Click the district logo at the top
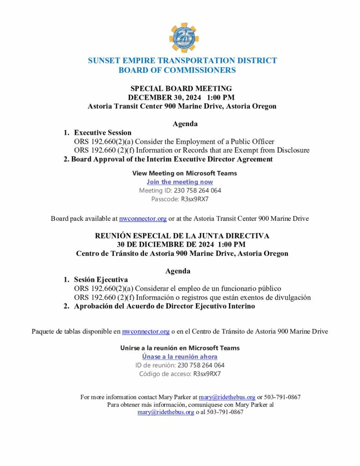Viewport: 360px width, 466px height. [184, 38]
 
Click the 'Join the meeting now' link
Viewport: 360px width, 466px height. [180, 182]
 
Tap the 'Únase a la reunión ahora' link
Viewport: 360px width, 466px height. [180, 357]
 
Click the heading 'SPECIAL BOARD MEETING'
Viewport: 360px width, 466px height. [181, 88]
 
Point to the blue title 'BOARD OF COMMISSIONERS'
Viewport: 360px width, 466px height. [177, 70]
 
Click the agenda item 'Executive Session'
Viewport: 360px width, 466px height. [103, 132]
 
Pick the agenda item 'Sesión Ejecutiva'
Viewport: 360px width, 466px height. [101, 279]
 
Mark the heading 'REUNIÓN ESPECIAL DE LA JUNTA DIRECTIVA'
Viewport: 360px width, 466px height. [182, 236]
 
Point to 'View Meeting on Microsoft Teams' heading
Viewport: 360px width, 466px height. [184, 173]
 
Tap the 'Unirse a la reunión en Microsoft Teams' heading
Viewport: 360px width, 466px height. [180, 348]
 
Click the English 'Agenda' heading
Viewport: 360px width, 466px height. [185, 123]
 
